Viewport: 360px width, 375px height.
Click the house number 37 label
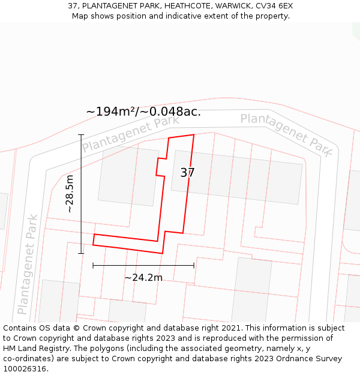coord(187,173)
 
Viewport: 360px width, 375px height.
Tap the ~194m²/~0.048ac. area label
coord(143,112)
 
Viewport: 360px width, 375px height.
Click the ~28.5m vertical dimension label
coord(70,194)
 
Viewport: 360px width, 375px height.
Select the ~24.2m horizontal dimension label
coord(143,278)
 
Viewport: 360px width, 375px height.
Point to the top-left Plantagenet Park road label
coord(130,134)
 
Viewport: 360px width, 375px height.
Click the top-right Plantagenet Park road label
coord(286,134)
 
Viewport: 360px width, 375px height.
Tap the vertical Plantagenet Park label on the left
coord(28,264)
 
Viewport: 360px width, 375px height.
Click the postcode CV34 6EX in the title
coord(274,5)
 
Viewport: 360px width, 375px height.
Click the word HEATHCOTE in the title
coord(176,5)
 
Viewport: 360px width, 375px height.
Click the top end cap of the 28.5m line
coord(81,134)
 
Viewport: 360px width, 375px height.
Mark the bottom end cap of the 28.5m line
coord(81,253)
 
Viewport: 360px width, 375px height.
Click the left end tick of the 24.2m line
coord(93,265)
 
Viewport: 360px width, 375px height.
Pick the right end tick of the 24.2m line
coord(194,265)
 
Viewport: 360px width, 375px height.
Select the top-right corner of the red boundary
coord(194,135)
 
